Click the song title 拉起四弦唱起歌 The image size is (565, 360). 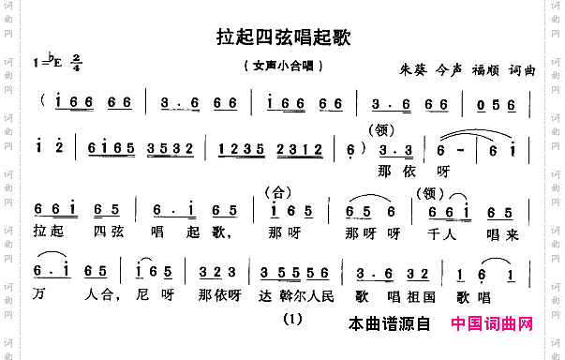(283, 36)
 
